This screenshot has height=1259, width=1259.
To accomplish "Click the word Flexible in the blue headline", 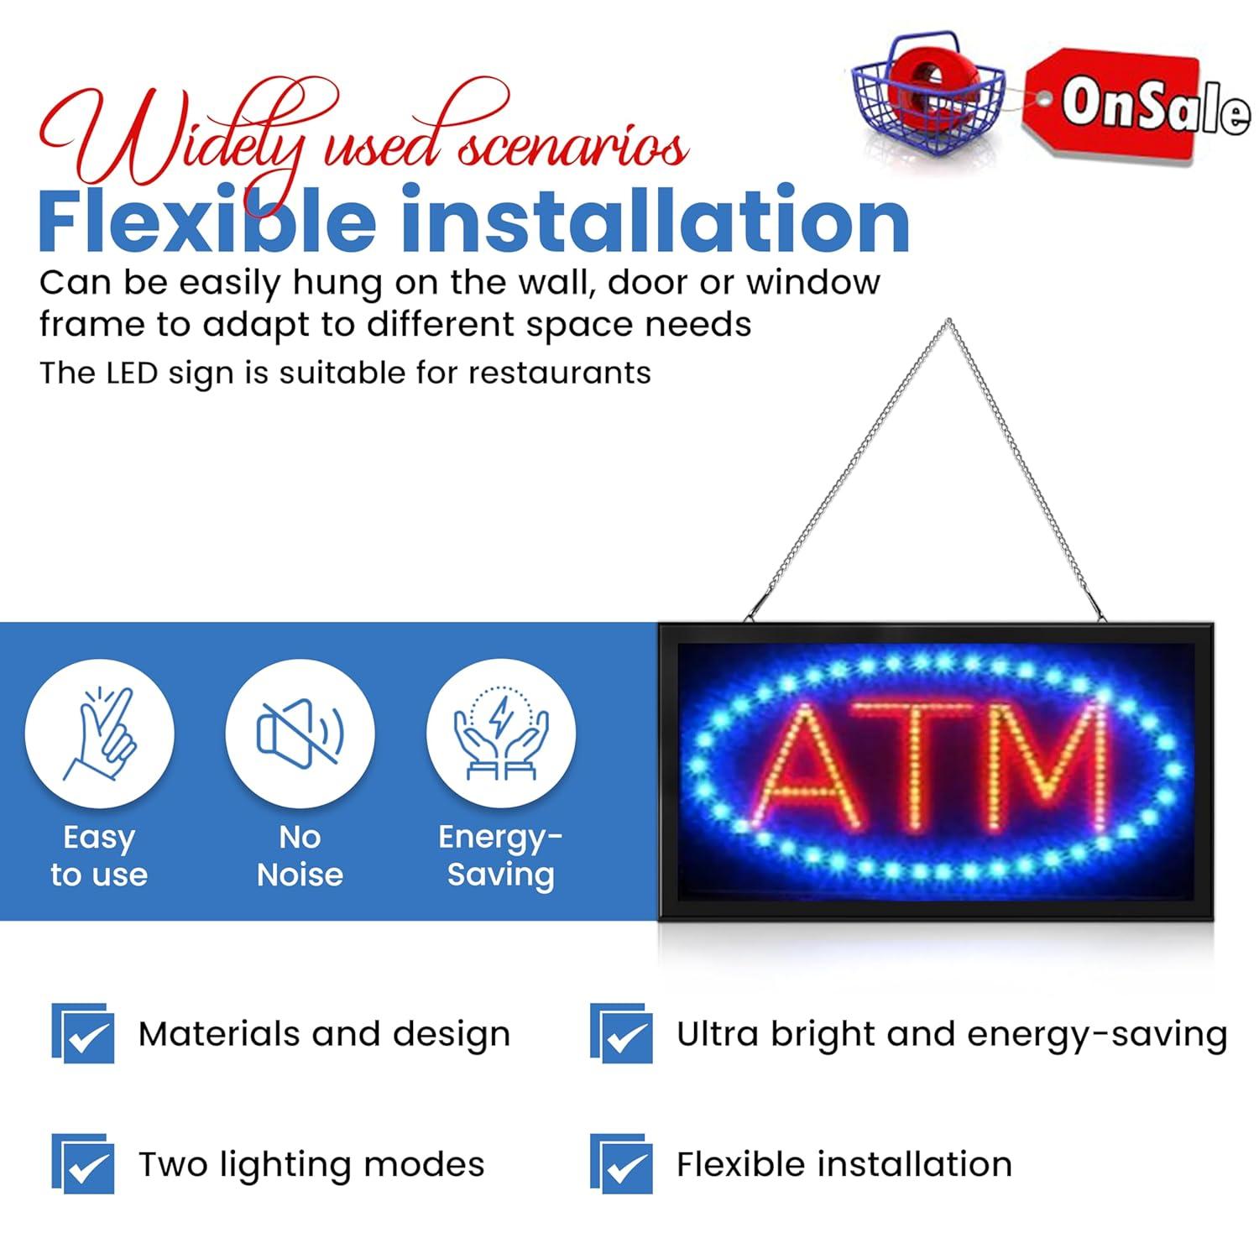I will click(x=206, y=220).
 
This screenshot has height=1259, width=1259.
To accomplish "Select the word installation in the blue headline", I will click(x=655, y=220).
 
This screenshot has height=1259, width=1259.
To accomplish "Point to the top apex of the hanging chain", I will click(x=948, y=321).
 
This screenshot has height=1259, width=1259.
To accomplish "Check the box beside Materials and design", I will click(x=84, y=1034).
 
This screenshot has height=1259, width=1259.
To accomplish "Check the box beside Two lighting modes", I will click(x=84, y=1165).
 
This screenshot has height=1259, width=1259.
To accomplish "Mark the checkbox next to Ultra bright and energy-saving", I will click(x=622, y=1034).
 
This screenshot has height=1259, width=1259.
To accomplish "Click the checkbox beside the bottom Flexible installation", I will click(x=622, y=1165).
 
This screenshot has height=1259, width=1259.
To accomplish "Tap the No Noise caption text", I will click(x=300, y=856).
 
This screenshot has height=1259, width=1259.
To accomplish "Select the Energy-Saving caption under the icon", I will click(x=501, y=856).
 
